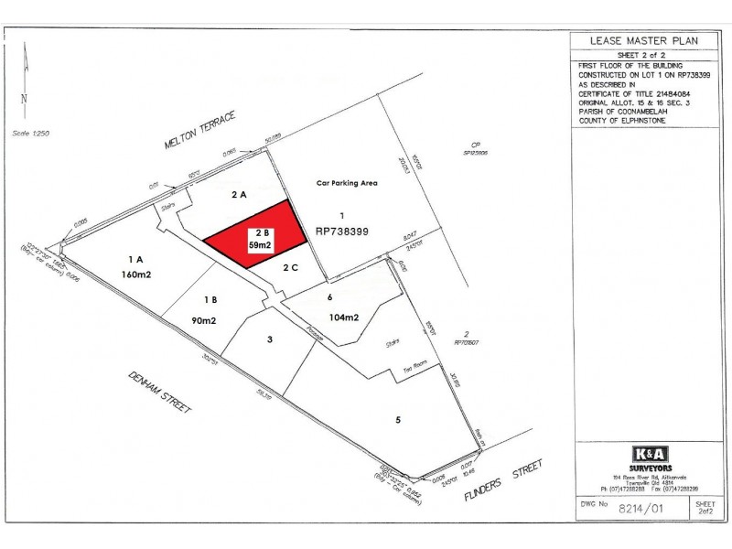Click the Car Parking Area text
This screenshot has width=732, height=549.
tap(347, 183)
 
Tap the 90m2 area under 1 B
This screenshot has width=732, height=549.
tap(204, 319)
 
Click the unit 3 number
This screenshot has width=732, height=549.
tap(269, 340)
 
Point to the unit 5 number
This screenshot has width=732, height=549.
tap(398, 421)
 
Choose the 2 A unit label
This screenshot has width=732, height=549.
tap(240, 195)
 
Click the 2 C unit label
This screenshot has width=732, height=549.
tap(291, 267)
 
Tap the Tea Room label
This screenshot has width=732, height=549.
tap(416, 370)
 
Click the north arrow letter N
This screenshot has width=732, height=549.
tap(25, 99)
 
